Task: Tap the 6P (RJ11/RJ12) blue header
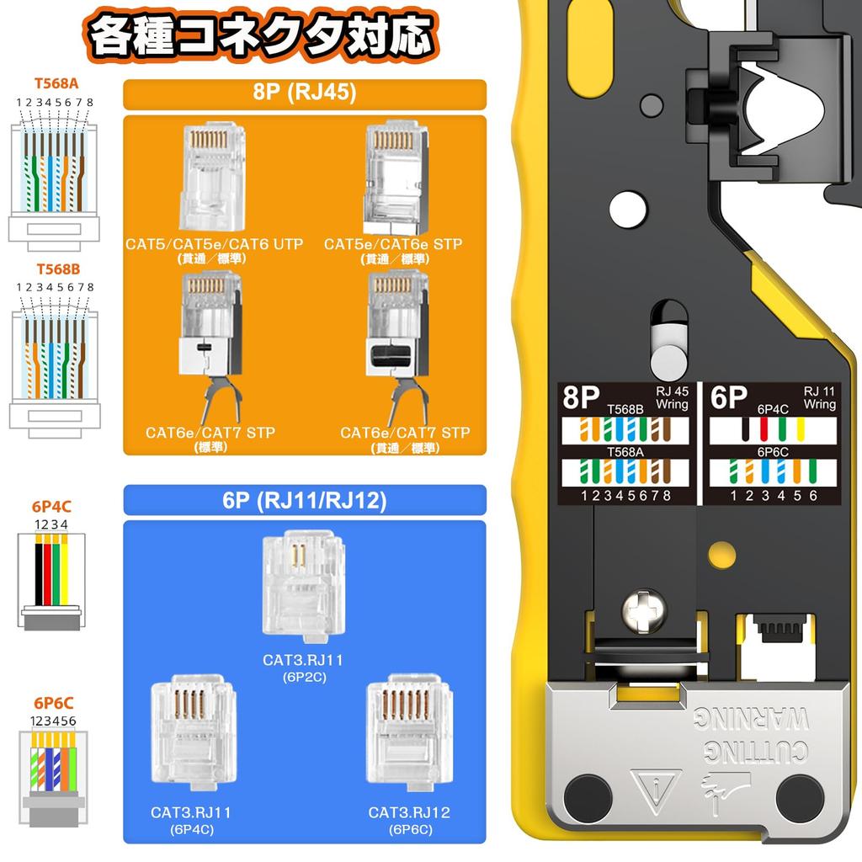(x=305, y=500)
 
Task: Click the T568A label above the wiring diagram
(x=56, y=84)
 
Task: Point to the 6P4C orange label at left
(x=51, y=508)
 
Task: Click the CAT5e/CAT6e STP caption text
(x=393, y=244)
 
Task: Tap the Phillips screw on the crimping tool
(x=643, y=610)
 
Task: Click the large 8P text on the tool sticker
(x=583, y=399)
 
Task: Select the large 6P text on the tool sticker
(x=729, y=397)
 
